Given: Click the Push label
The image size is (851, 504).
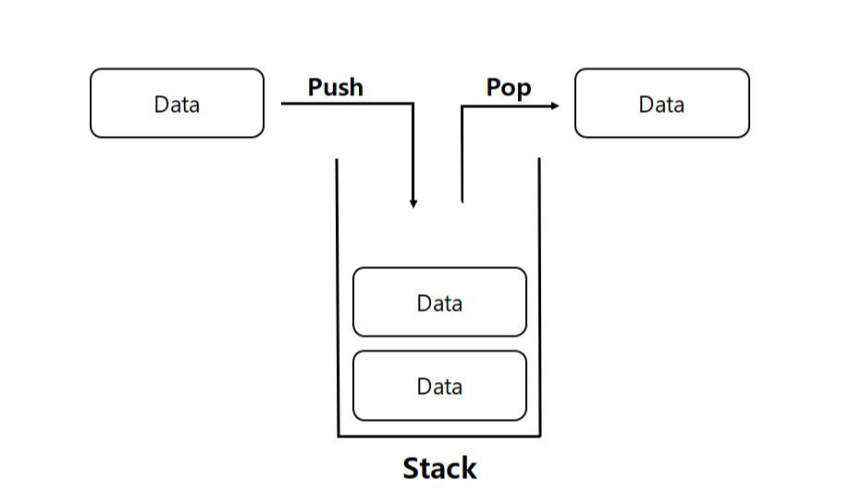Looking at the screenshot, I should (x=335, y=88).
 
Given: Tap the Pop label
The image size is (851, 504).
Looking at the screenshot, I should (x=509, y=88).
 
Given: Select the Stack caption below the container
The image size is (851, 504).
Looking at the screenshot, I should (x=439, y=469).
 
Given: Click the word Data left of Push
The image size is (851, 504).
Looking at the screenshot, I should (x=177, y=104).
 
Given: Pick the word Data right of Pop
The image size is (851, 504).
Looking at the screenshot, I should (x=661, y=104).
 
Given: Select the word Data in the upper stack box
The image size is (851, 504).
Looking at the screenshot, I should (x=439, y=303).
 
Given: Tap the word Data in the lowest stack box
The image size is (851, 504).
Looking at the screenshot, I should (x=439, y=387).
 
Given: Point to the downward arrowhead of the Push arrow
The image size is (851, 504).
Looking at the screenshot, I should (x=413, y=203).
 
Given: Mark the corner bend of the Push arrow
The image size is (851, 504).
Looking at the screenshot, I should (x=413, y=104).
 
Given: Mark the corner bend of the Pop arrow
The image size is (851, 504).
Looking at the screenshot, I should (x=462, y=105).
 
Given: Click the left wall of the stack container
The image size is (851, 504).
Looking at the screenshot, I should (x=338, y=296).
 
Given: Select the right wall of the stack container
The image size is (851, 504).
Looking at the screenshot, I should (x=539, y=296).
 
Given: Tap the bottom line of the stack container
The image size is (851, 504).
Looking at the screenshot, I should (x=439, y=436).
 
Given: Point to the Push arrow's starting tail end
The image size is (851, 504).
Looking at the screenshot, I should (x=283, y=104).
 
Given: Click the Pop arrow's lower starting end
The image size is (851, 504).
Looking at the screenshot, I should (x=462, y=201).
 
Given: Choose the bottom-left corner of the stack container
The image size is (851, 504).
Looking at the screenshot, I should (x=339, y=436).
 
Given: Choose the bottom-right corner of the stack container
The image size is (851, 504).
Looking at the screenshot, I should (x=539, y=436).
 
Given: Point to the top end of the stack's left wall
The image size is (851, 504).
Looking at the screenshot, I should (x=337, y=160).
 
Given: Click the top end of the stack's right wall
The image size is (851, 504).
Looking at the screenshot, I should (x=539, y=159).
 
